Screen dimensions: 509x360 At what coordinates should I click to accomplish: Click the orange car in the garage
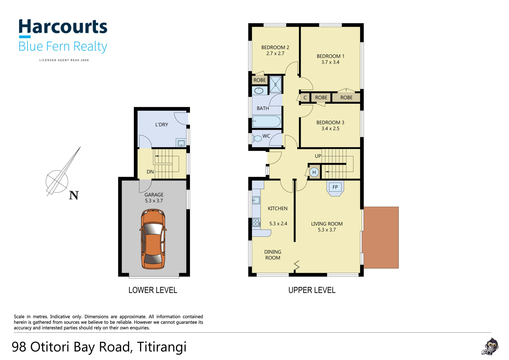tap(153, 239)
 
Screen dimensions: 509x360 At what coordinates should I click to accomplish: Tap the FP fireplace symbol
tap(335, 188)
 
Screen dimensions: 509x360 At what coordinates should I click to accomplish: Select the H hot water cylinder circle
tap(314, 172)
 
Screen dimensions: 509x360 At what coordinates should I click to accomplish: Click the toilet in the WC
tap(257, 139)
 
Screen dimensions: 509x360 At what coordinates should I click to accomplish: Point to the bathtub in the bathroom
tap(266, 122)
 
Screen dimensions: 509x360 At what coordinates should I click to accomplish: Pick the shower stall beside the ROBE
tap(276, 84)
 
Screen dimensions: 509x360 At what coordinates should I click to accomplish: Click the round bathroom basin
tap(259, 90)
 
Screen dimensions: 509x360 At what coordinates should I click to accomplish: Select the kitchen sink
tap(256, 200)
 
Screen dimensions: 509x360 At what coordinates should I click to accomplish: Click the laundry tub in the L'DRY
tap(181, 143)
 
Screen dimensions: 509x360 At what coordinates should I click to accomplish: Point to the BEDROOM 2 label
tap(275, 48)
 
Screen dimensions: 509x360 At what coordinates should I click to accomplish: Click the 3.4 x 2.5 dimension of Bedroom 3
tap(330, 129)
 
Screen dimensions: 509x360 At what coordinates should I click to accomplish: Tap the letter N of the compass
tap(74, 195)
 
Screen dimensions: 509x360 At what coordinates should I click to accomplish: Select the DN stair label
tap(150, 172)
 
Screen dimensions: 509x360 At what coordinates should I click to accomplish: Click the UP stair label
tap(318, 156)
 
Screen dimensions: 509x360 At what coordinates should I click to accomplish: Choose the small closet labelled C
tap(305, 97)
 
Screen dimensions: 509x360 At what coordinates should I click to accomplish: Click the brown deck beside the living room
tap(381, 237)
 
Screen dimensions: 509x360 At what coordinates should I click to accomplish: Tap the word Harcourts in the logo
tap(63, 27)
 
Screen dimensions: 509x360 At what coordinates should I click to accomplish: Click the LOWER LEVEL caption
tap(153, 290)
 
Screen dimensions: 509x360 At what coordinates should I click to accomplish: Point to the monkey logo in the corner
tap(490, 346)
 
